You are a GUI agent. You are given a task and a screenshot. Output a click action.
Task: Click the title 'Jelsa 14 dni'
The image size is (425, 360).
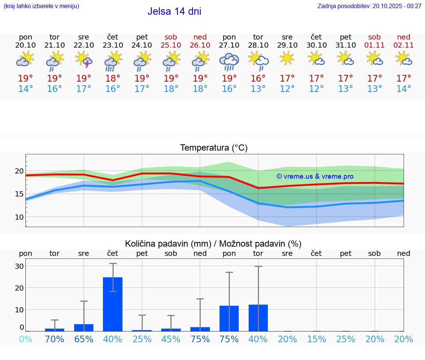click(x=174, y=11)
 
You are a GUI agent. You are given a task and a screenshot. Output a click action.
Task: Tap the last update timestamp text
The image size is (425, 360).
click(x=369, y=6)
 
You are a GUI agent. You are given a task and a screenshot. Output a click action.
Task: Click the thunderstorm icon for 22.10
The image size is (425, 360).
click(x=84, y=59)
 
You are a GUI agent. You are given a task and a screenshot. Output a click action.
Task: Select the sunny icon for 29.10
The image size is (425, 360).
click(x=287, y=58)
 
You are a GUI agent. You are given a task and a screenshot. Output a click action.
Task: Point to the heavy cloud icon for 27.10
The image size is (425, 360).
click(x=229, y=61)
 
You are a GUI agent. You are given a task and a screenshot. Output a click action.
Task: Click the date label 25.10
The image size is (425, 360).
click(x=171, y=45)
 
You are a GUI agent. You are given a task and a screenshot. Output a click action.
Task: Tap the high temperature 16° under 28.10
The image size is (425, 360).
click(x=258, y=78)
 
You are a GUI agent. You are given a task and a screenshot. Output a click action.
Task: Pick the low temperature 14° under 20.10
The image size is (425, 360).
click(x=25, y=89)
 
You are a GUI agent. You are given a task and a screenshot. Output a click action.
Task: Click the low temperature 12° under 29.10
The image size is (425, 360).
click(x=287, y=89)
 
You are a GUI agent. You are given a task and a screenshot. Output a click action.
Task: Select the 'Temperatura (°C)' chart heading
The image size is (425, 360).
click(x=214, y=148)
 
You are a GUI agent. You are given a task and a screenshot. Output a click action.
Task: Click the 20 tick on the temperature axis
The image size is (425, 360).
click(x=19, y=171)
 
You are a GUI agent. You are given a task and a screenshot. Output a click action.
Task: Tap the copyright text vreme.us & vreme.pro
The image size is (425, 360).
click(x=315, y=176)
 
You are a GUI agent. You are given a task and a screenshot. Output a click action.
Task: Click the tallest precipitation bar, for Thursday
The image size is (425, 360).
click(x=113, y=304)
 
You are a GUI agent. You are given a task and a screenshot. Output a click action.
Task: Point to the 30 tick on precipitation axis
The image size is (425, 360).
click(x=19, y=266)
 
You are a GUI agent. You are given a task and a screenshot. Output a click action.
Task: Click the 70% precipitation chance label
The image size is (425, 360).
click(x=55, y=339)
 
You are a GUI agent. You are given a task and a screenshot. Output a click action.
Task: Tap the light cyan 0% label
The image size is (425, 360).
click(x=25, y=339)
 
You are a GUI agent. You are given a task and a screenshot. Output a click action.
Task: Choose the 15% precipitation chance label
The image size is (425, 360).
click(x=316, y=339)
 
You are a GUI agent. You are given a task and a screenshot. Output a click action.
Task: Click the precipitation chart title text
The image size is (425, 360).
click(x=213, y=244)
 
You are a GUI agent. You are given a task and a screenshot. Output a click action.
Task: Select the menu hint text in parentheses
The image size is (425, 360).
click(x=41, y=6)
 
